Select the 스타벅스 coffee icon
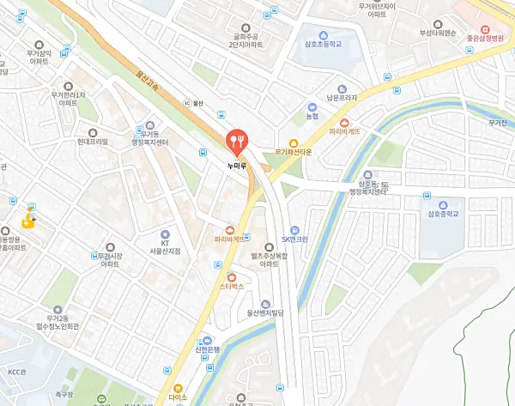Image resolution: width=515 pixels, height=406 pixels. point(232,276)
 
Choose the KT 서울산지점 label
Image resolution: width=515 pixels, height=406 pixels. point(165,246)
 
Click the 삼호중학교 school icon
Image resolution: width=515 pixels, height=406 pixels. point(444,205)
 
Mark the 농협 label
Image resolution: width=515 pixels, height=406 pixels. point(312,116)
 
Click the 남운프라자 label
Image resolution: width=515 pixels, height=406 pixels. point(341,99)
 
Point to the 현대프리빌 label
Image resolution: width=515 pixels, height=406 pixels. point(92,142)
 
